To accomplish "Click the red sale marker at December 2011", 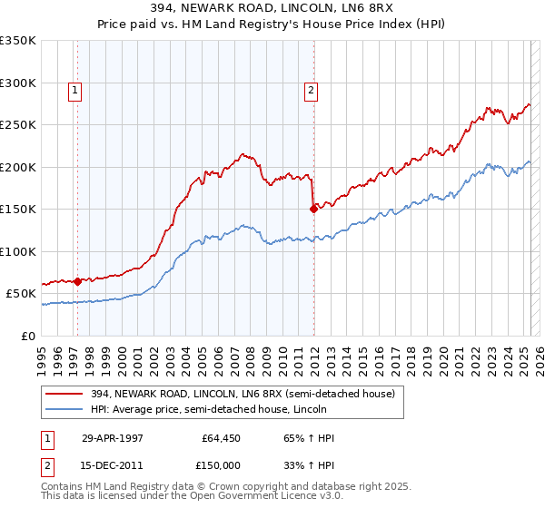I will (313, 209).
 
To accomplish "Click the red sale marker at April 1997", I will (78, 281).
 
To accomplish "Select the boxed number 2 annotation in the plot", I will (311, 90).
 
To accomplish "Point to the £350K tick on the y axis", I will (18, 41).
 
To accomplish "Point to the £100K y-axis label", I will (18, 251).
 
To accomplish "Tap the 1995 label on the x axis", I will (42, 354).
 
